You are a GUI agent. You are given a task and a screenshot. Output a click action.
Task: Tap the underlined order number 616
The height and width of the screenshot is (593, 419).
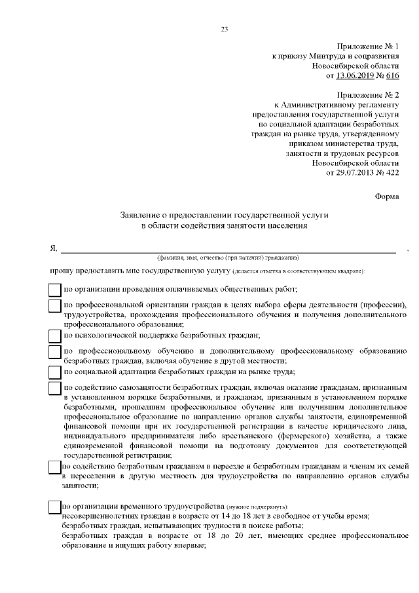[392, 76]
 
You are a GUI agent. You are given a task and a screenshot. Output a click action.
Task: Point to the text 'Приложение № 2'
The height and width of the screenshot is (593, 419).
[367, 95]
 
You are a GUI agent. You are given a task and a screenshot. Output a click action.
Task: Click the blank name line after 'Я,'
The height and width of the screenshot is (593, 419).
[229, 250]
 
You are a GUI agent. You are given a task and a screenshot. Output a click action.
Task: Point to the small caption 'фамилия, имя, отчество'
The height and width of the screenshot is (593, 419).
[196, 257]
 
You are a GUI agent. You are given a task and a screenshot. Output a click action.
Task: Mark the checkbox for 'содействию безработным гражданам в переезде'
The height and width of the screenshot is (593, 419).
[55, 467]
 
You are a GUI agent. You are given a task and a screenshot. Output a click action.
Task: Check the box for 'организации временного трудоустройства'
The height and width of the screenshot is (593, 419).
[55, 507]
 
